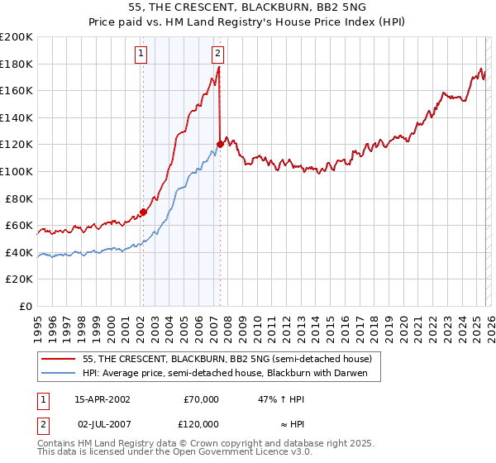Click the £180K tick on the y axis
[x=17, y=64]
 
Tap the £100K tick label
[x=17, y=171]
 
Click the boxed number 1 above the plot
[x=142, y=55]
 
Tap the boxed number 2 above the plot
[x=217, y=55]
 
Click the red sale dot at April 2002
[x=143, y=212]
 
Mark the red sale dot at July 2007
[x=220, y=145]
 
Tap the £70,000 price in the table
[x=201, y=399]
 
